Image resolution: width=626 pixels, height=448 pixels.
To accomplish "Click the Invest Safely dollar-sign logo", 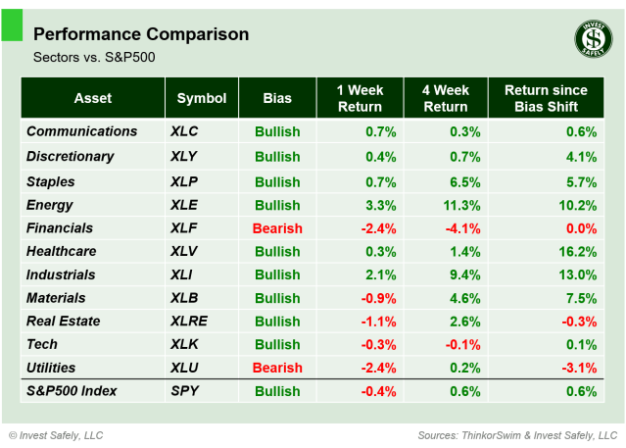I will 590,39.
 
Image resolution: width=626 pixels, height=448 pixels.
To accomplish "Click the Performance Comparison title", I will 140,34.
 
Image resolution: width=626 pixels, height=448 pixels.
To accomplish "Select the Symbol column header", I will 202,98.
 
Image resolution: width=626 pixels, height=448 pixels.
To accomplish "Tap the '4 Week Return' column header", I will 446,98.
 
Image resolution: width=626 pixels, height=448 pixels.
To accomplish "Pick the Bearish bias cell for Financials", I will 277,228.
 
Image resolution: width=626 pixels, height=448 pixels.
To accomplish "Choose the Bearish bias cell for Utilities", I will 277,368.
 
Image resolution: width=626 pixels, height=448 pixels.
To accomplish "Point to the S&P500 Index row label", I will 72,391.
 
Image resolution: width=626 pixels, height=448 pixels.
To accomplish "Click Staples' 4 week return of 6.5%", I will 463,181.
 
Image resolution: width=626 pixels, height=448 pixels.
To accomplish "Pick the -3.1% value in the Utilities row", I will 578,368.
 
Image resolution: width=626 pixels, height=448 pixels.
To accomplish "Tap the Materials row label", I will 56,298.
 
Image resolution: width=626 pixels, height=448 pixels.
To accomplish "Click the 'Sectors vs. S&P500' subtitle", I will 94,57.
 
